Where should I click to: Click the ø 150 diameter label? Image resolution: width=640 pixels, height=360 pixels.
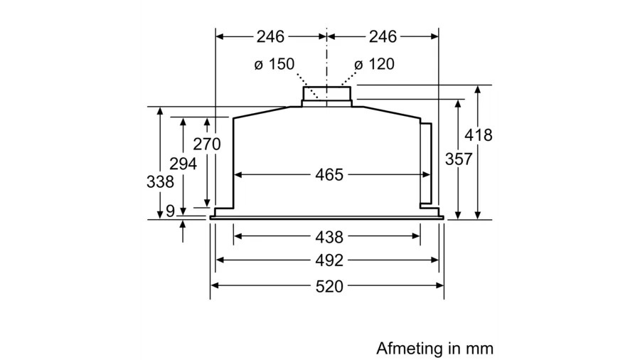(x=274, y=65)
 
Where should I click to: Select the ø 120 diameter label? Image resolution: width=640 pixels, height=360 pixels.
(x=374, y=65)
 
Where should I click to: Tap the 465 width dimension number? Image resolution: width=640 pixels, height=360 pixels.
(x=329, y=174)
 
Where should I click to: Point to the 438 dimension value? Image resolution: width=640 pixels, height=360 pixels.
(x=329, y=237)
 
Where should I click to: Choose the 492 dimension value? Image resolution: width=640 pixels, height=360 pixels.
(x=329, y=260)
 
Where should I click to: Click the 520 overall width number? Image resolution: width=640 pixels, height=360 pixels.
(x=329, y=287)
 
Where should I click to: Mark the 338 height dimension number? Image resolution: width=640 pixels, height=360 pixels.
(x=160, y=181)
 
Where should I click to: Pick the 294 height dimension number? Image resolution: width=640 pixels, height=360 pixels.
(x=183, y=164)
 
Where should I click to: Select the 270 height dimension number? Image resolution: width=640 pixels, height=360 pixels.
(x=207, y=144)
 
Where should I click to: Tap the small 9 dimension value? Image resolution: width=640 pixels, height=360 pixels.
(x=169, y=211)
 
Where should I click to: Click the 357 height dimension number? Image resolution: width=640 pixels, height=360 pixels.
(x=459, y=159)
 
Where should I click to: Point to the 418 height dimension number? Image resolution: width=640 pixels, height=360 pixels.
(x=479, y=135)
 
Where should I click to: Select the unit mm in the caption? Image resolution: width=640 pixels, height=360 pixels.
(x=480, y=349)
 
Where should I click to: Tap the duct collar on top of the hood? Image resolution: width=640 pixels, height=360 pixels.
(x=326, y=95)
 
